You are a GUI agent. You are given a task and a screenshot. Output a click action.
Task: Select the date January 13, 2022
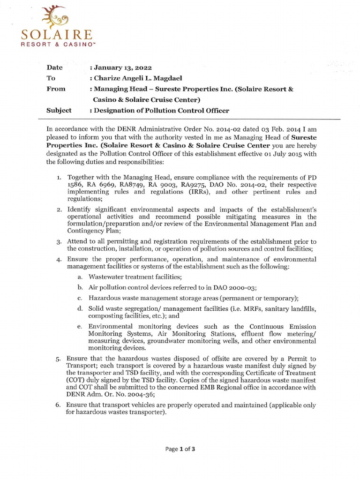(x=120, y=68)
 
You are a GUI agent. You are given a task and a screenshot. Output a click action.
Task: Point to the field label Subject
(x=59, y=111)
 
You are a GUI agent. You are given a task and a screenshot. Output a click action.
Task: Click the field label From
(x=56, y=89)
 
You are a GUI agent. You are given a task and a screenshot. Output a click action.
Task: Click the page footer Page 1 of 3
(x=180, y=449)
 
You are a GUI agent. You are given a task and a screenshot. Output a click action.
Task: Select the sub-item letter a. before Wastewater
(x=80, y=277)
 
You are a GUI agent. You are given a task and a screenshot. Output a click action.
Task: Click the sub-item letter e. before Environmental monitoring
(x=80, y=326)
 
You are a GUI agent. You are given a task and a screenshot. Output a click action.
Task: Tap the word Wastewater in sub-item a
(x=107, y=277)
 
